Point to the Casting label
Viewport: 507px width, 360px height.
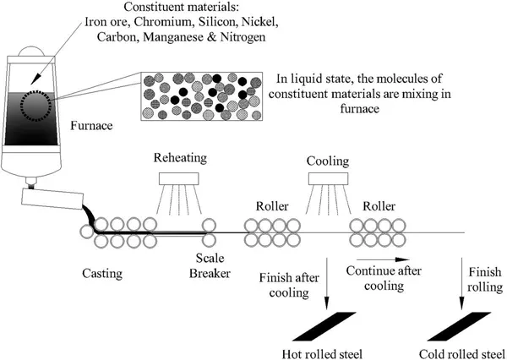[104, 273]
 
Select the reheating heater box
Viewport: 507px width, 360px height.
[179, 178]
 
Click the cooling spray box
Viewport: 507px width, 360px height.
[329, 178]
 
